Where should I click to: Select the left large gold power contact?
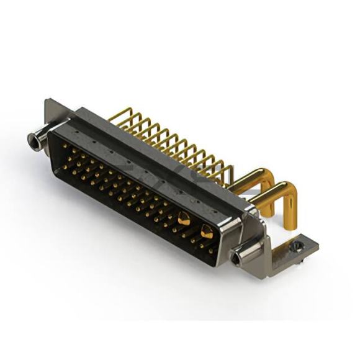click(184, 218)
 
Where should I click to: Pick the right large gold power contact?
click(206, 232)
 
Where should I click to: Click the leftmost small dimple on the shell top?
click(66, 132)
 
